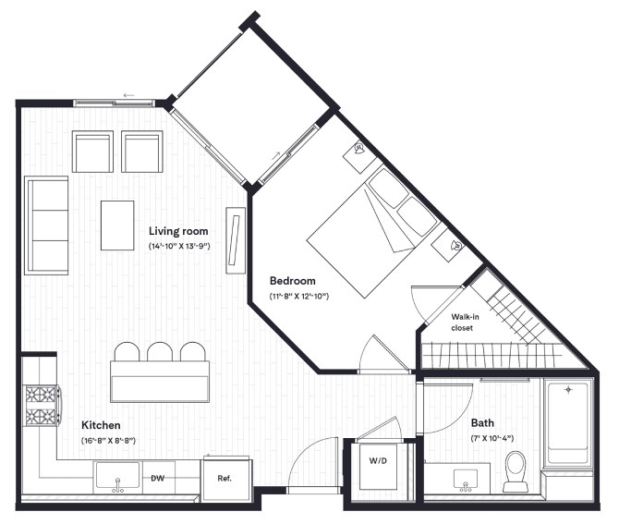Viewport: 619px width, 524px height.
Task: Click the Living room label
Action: click(x=178, y=231)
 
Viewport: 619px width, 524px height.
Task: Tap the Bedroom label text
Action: click(x=293, y=281)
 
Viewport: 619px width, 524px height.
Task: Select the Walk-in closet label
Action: click(x=465, y=323)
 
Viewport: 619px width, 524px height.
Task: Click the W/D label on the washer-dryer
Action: click(x=378, y=460)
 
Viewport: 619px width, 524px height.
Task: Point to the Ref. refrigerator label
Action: click(x=225, y=478)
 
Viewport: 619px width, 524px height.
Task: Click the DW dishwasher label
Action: click(x=157, y=478)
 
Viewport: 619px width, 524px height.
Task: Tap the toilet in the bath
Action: click(x=516, y=471)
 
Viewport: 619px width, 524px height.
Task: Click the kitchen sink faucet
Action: click(x=117, y=485)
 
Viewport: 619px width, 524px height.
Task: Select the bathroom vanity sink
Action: click(x=466, y=481)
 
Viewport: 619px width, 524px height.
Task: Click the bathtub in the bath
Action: click(x=568, y=420)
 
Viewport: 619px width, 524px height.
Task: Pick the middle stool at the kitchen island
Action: click(x=160, y=351)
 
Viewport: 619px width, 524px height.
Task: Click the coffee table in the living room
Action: click(x=117, y=225)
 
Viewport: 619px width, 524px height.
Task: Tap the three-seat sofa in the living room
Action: click(x=46, y=225)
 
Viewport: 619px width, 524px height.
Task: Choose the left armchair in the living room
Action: click(x=92, y=152)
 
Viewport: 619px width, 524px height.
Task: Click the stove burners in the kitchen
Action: click(x=41, y=406)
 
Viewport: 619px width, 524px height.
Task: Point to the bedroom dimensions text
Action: click(x=298, y=296)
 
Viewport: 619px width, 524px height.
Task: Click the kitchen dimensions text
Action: click(x=109, y=440)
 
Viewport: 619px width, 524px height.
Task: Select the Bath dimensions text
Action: click(x=492, y=438)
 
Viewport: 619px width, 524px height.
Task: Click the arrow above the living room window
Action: click(x=129, y=95)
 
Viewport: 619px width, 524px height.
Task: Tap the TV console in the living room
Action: click(x=237, y=240)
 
